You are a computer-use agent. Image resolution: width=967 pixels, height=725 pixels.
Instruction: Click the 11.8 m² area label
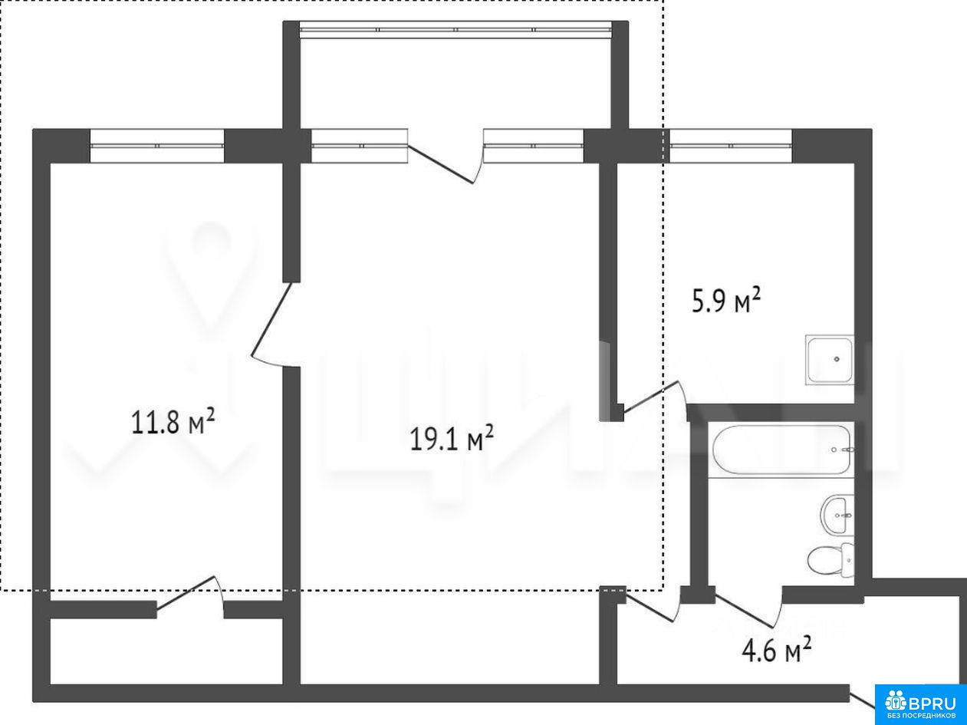coord(173,421)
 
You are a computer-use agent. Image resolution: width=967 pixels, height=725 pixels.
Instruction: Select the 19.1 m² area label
coord(452,438)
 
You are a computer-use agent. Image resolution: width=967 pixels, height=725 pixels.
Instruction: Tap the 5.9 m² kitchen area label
coord(726,300)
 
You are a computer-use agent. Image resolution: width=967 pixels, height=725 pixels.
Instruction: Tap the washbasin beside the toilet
coord(837,516)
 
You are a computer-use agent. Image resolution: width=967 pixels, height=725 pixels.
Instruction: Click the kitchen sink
coord(830,360)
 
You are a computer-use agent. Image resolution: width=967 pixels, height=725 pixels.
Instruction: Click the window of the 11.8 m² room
coord(157,146)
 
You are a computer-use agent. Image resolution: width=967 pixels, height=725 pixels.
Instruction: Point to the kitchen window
coord(731,146)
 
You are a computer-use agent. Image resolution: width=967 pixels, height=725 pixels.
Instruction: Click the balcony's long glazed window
coord(456,30)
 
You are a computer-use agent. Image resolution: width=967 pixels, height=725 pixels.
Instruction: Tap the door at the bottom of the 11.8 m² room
coord(190,596)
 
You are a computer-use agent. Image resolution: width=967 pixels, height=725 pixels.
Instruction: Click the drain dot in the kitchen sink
coord(837,359)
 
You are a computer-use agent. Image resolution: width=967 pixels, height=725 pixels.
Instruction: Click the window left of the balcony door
coord(360,146)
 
